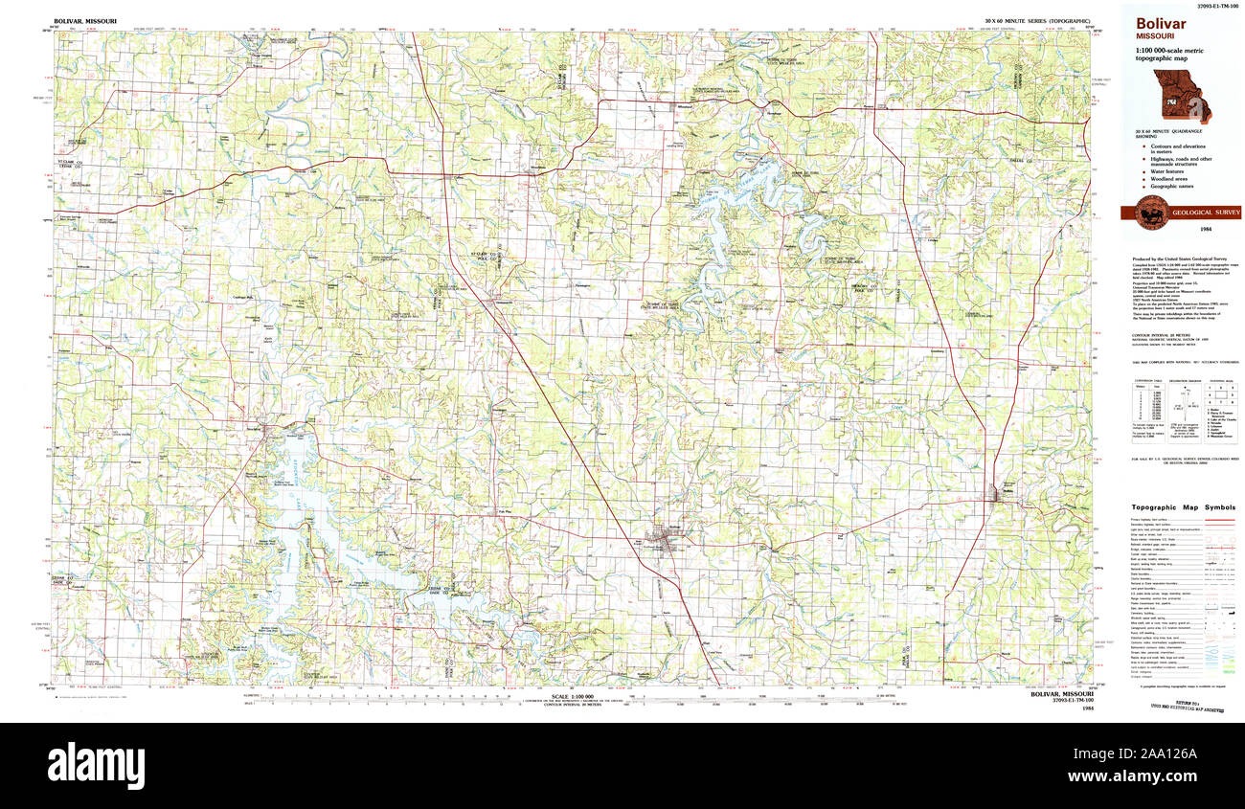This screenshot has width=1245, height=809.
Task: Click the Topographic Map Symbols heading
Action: point(1182,507)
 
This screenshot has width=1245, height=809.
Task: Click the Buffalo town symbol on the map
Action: point(1002,493)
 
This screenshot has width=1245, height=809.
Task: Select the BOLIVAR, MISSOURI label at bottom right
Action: point(1064,694)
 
